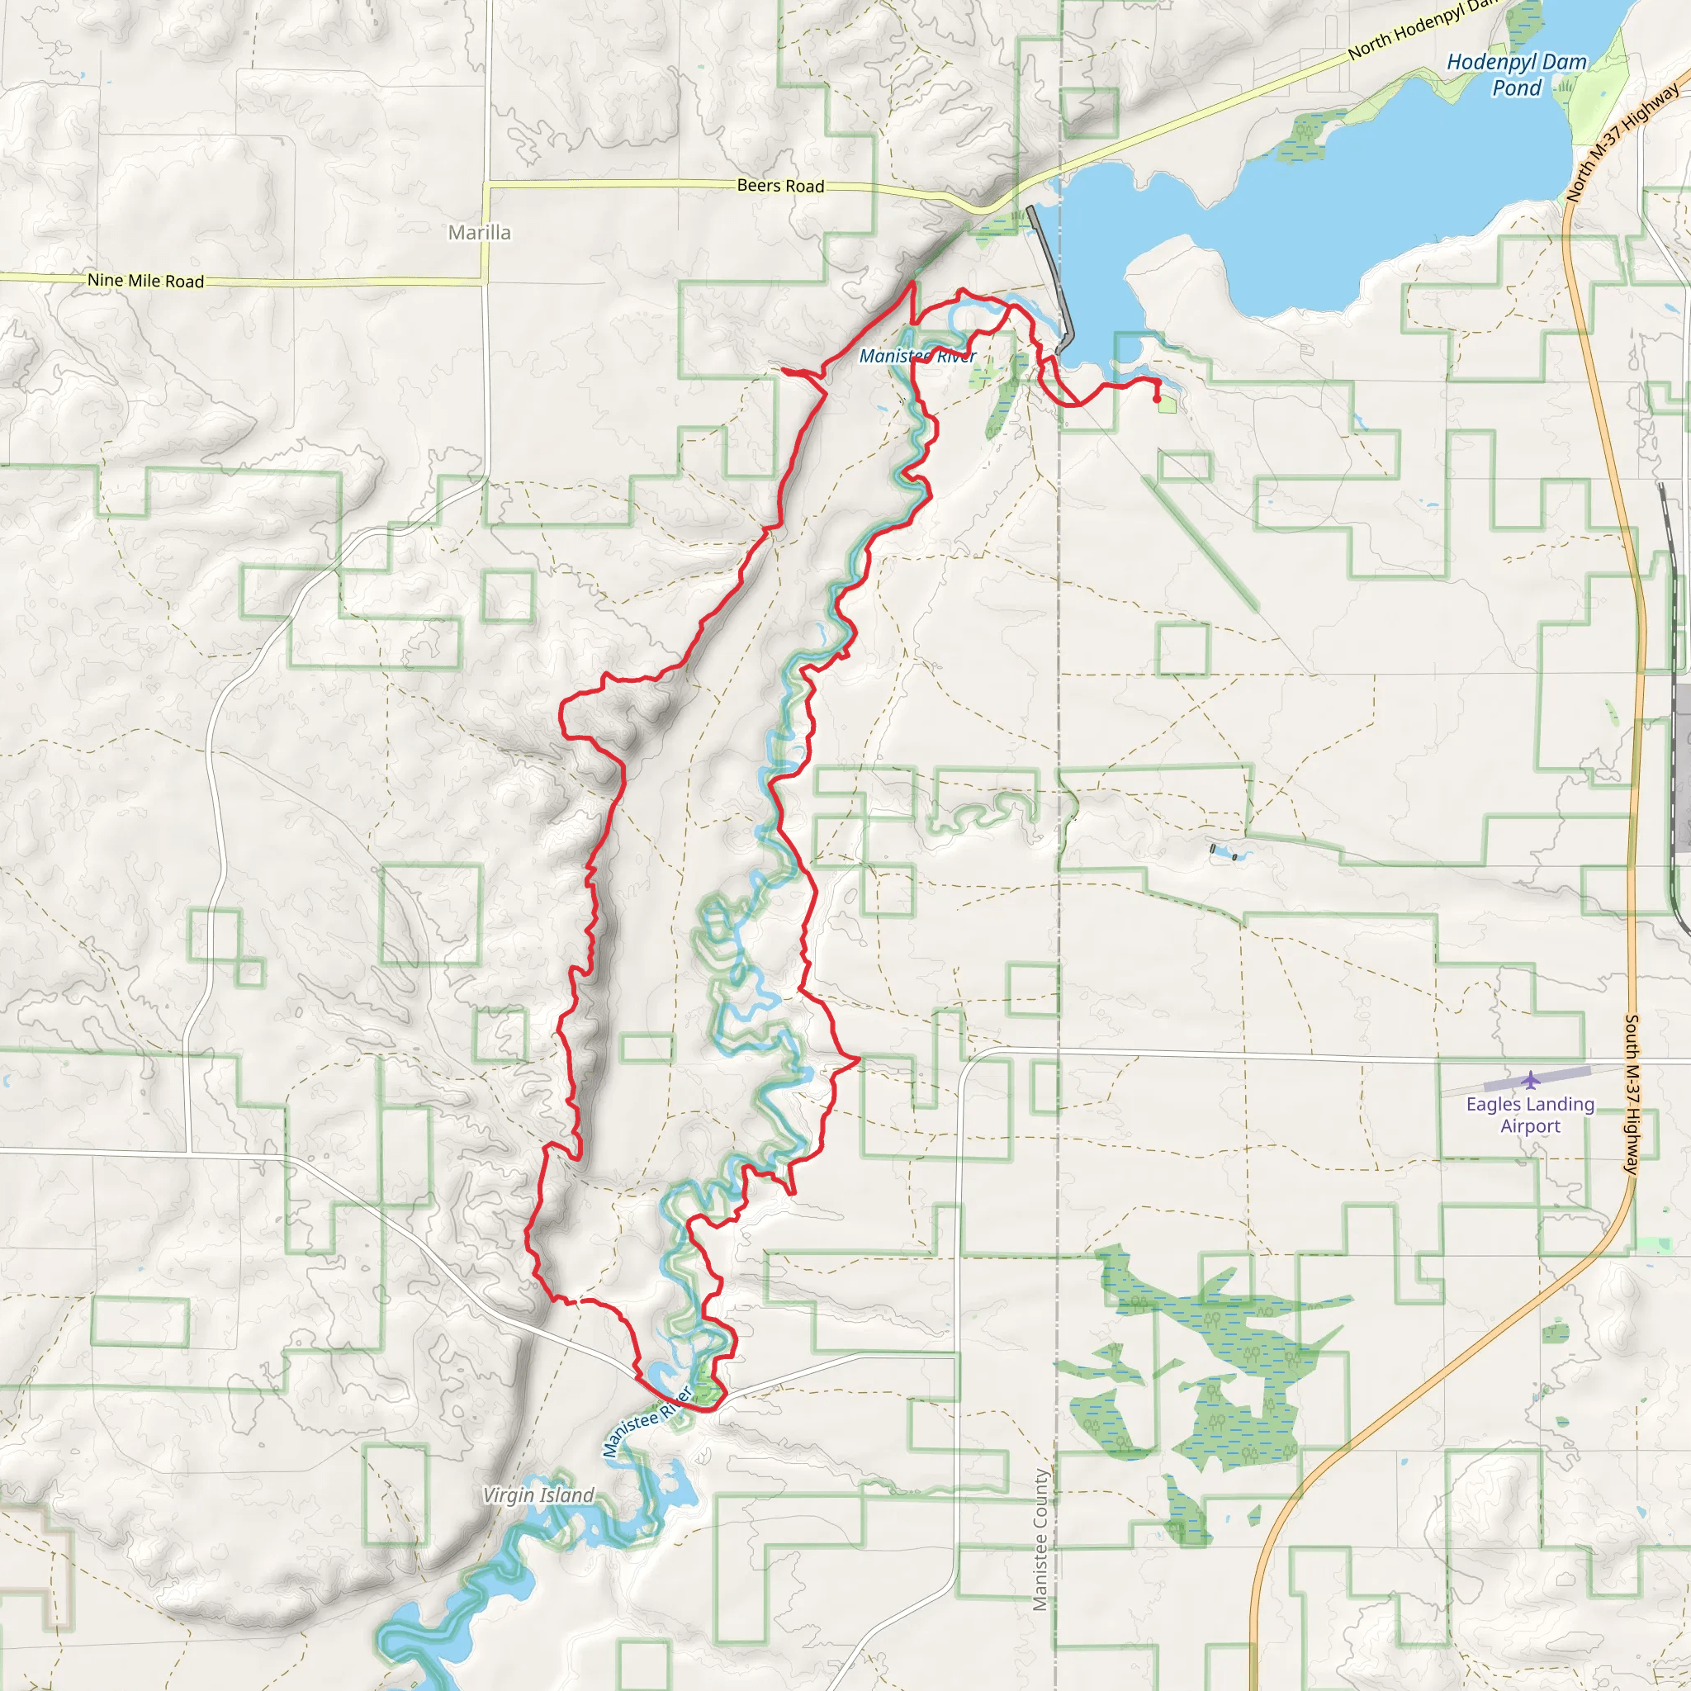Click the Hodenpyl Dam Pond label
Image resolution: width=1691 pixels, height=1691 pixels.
click(1516, 74)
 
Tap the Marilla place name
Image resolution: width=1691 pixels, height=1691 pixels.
click(479, 233)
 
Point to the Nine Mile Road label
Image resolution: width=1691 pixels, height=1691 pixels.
click(145, 281)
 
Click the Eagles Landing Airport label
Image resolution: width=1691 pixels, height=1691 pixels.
click(1530, 1115)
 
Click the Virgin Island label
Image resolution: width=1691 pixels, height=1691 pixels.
click(538, 1495)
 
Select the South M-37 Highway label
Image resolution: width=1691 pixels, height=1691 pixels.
click(1632, 1094)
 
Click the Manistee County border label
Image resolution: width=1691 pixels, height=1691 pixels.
click(1040, 1540)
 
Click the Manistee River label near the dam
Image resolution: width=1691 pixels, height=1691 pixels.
click(917, 356)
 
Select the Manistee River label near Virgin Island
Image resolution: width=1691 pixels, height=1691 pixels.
click(647, 1422)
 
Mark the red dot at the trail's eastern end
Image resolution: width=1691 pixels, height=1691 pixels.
click(1157, 399)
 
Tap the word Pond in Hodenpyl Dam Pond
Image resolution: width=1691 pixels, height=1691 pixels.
click(1517, 88)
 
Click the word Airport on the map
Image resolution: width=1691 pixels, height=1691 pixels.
click(1530, 1126)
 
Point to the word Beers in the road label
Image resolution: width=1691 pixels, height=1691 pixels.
click(760, 185)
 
